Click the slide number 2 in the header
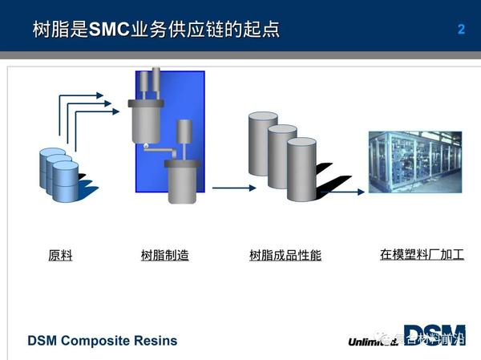point(461,30)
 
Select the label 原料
point(60,256)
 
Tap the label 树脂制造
point(164,256)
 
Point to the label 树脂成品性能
point(285,256)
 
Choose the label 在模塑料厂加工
point(422,255)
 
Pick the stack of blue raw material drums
point(59,173)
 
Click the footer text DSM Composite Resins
point(102,341)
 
